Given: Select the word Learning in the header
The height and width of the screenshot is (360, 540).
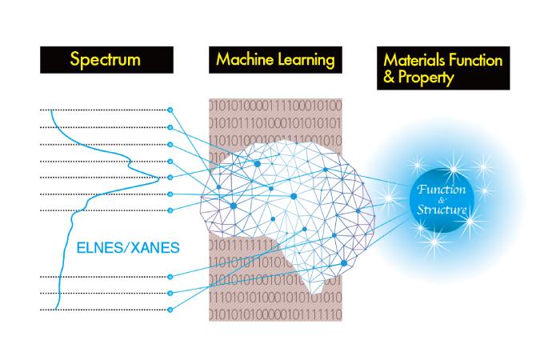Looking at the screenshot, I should coord(303,60).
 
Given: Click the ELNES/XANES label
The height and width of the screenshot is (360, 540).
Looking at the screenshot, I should coord(130,247).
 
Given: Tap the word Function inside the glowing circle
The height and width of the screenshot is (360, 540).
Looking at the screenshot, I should coord(442,193).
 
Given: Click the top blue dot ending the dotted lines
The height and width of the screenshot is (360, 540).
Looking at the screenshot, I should coord(171,109).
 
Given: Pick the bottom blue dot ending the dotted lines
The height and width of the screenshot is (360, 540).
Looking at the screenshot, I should coord(171,309).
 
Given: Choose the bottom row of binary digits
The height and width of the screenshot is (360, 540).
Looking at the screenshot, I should coord(274,310).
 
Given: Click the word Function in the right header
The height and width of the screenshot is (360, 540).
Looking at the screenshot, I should coord(475,60).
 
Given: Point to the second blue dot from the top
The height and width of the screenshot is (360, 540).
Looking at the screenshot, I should coord(171,127).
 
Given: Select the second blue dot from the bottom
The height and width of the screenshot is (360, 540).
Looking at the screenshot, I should coord(171,293).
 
